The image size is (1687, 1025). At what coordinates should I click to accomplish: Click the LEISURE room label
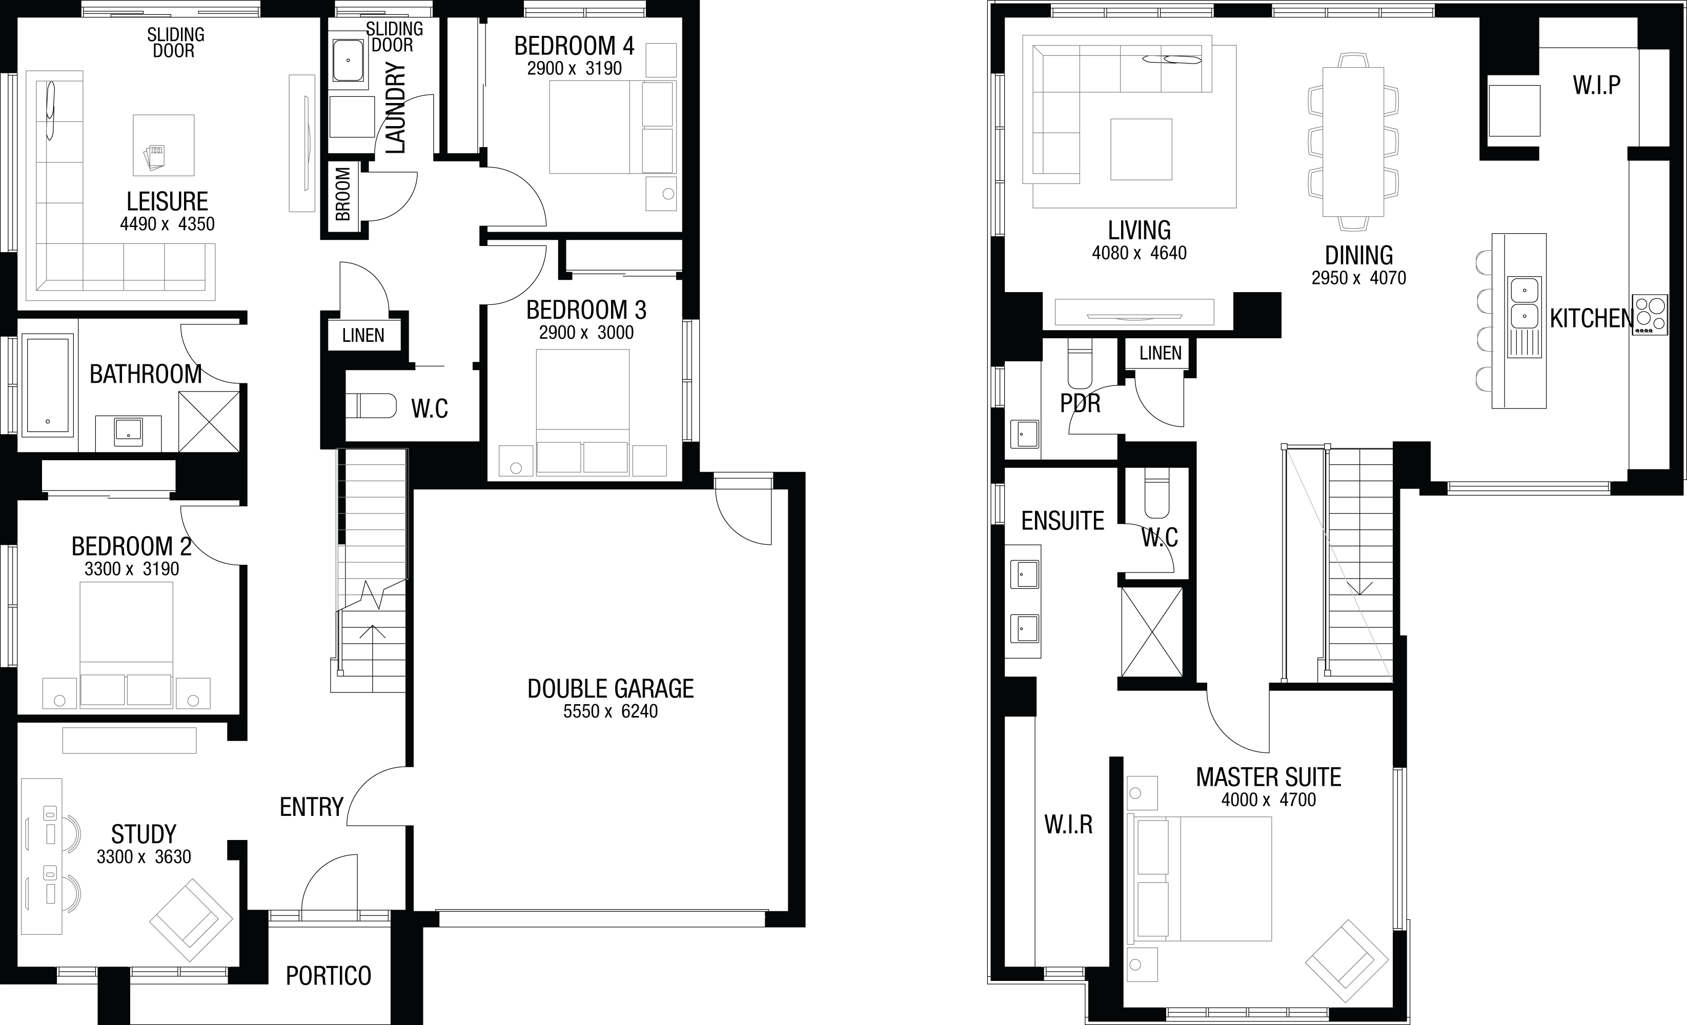167,201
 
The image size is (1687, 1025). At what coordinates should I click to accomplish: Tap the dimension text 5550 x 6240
611,711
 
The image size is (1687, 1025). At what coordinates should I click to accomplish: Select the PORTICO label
329,976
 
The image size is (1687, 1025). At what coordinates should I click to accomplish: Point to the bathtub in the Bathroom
47,385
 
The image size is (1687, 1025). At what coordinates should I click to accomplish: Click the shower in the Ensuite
1152,632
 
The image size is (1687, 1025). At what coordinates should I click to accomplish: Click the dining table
1353,142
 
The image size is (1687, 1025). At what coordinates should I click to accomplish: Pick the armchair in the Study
191,919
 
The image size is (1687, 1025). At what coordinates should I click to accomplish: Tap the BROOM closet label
343,194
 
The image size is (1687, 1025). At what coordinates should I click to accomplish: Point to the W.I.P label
1597,85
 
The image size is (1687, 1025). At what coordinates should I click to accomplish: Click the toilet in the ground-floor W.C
371,405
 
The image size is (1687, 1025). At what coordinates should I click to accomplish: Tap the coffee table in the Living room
1142,149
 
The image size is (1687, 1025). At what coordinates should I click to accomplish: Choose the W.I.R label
1068,825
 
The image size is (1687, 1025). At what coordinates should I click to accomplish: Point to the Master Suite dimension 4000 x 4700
1269,799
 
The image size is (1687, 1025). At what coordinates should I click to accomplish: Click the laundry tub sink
349,60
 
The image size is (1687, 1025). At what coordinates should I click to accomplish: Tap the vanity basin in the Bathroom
128,430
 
